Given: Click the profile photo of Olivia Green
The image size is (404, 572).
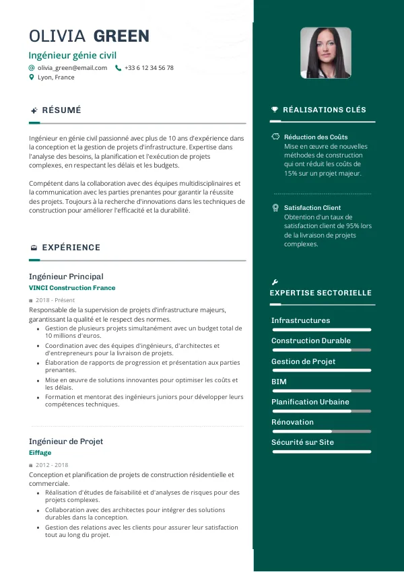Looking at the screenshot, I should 326,53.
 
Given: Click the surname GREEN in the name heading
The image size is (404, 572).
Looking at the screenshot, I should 121,36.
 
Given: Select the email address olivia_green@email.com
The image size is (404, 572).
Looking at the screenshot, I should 72,68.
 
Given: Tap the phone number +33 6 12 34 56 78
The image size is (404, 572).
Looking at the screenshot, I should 149,68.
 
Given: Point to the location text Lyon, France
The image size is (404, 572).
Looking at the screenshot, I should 56,77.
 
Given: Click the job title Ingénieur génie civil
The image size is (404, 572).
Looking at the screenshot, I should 78,55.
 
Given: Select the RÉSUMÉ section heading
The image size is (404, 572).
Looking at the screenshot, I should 61,110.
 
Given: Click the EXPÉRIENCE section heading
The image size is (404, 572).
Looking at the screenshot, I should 71,248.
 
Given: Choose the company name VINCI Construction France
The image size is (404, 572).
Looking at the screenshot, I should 72,288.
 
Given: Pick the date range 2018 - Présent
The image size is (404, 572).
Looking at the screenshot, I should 55,300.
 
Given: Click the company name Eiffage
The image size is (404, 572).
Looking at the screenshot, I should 40,453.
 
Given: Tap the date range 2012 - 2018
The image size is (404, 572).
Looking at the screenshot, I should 52,465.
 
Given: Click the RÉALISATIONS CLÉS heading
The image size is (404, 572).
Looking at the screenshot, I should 325,110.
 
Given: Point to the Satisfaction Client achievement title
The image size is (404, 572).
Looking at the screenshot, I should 312,208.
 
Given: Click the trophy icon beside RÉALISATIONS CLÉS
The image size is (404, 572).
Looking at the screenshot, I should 275,110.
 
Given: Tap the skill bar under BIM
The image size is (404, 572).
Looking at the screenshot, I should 321,391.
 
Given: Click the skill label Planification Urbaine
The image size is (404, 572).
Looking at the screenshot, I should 310,402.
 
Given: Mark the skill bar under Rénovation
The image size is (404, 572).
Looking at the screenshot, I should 321,431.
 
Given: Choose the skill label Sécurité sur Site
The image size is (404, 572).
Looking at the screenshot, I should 302,442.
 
